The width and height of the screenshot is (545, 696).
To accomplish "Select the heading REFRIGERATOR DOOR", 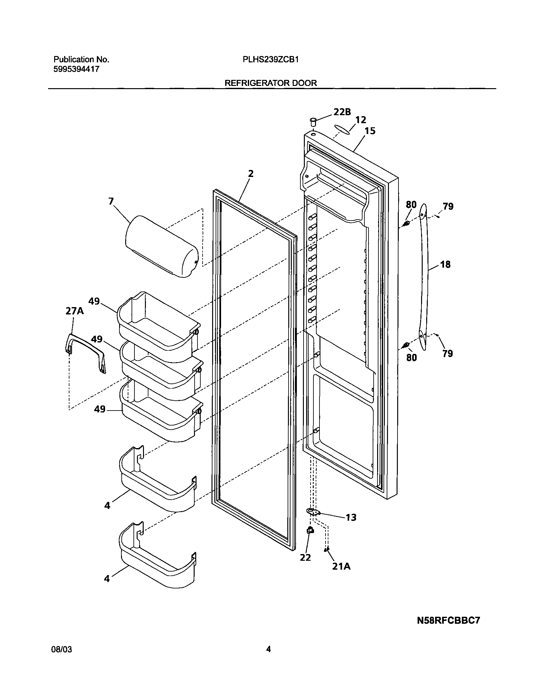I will coord(270,83).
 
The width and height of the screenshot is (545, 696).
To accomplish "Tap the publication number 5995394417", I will coord(76,69).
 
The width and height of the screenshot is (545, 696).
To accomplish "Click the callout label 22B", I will coord(342,112).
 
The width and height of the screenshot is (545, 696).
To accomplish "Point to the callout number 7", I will coord(111,201).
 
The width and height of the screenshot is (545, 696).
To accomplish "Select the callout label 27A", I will coord(75,311).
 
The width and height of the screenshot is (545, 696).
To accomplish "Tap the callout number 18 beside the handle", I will coord(445,264).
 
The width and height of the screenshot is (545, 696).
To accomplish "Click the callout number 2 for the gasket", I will coord(251,174).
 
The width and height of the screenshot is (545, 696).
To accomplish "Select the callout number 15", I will coord(370,131).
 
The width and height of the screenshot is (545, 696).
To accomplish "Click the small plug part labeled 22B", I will coord(313,122).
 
